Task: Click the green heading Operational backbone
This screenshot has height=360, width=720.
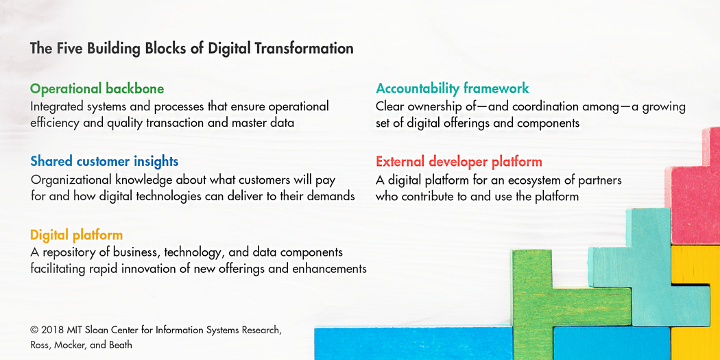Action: pos(97,89)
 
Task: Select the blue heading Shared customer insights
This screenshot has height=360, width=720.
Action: pos(104,162)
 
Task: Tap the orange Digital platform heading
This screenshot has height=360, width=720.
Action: pos(76,235)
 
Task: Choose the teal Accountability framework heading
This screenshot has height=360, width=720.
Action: pos(452,88)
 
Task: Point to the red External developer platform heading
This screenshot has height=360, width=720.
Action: pos(459,162)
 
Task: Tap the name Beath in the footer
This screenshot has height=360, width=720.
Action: pos(119,345)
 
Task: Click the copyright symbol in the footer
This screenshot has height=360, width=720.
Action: pos(34,330)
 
